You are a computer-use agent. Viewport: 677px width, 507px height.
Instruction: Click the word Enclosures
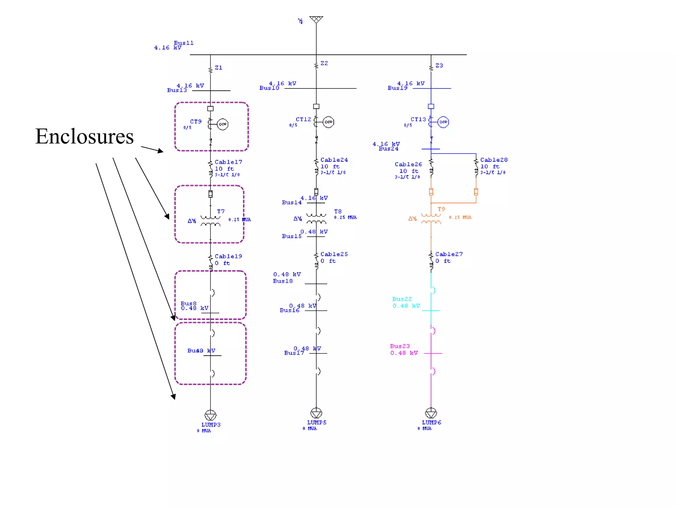pyautogui.click(x=84, y=136)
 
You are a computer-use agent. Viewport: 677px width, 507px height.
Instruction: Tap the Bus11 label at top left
pyautogui.click(x=183, y=43)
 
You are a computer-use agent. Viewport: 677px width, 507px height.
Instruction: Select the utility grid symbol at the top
pyautogui.click(x=316, y=19)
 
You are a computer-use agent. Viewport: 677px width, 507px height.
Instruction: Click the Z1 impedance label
pyautogui.click(x=219, y=68)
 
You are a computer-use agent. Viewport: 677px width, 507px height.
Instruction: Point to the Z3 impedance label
pyautogui.click(x=439, y=65)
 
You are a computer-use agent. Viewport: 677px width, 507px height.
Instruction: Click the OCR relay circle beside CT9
pyautogui.click(x=223, y=124)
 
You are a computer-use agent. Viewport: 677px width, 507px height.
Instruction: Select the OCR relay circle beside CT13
pyautogui.click(x=443, y=122)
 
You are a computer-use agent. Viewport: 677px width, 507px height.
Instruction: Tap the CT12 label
pyautogui.click(x=303, y=119)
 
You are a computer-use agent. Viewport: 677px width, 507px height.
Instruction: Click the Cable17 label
pyautogui.click(x=228, y=162)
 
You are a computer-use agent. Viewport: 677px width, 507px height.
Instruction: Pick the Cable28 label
pyautogui.click(x=494, y=160)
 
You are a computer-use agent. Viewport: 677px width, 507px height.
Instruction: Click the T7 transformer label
pyautogui.click(x=220, y=211)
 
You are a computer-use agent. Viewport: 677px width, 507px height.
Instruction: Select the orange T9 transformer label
pyautogui.click(x=441, y=209)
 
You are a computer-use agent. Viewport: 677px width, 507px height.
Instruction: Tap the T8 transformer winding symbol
pyautogui.click(x=316, y=219)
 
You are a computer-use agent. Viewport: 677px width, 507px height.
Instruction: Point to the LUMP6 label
pyautogui.click(x=431, y=422)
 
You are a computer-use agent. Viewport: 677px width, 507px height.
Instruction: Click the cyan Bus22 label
pyautogui.click(x=402, y=299)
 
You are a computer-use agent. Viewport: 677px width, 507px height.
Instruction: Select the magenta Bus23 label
pyautogui.click(x=400, y=346)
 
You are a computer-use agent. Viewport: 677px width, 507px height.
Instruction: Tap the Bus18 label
pyautogui.click(x=283, y=281)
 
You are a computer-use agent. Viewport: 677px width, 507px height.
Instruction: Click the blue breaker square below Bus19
pyautogui.click(x=431, y=106)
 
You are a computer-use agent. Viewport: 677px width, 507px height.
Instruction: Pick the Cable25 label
pyautogui.click(x=334, y=254)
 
